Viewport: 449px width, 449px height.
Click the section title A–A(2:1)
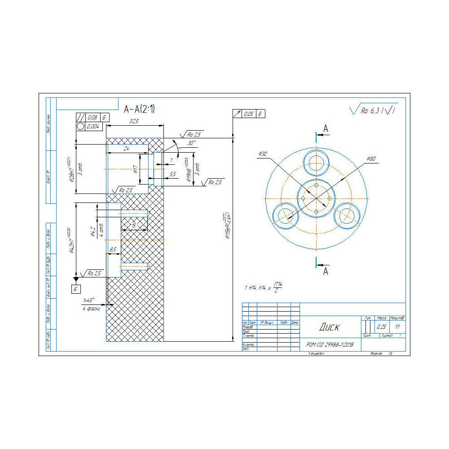pyautogui.click(x=139, y=108)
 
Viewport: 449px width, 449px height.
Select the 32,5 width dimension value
pyautogui.click(x=134, y=121)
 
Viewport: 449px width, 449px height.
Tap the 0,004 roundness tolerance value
pyautogui.click(x=94, y=127)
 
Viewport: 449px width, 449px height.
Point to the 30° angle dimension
pyautogui.click(x=192, y=143)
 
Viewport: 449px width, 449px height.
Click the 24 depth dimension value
pyautogui.click(x=126, y=149)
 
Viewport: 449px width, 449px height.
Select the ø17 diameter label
pyautogui.click(x=135, y=169)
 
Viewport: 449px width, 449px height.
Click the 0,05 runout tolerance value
pyautogui.click(x=249, y=114)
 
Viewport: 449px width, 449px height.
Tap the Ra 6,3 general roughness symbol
pyautogui.click(x=373, y=110)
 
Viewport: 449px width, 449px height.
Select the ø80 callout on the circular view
pyautogui.click(x=371, y=158)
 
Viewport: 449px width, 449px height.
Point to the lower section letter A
pyautogui.click(x=326, y=271)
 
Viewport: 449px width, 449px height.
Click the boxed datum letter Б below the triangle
pyautogui.click(x=75, y=289)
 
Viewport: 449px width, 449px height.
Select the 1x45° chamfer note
pyautogui.click(x=88, y=300)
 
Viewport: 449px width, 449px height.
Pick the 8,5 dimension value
pyautogui.click(x=113, y=249)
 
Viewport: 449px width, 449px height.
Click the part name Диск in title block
pyautogui.click(x=330, y=327)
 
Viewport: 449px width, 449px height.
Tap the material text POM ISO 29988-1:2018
pyautogui.click(x=330, y=345)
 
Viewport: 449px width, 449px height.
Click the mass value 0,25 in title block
pyautogui.click(x=382, y=327)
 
